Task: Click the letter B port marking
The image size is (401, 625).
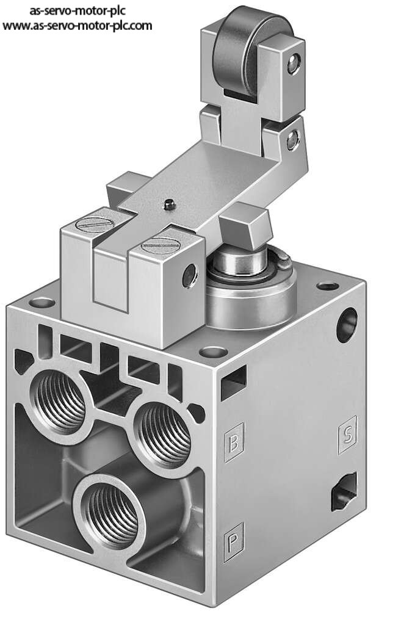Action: coord(234,443)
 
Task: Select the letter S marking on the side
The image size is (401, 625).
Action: coord(347,435)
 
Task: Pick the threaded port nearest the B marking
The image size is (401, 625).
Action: coord(164,435)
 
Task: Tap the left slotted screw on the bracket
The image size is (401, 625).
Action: coord(93,225)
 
